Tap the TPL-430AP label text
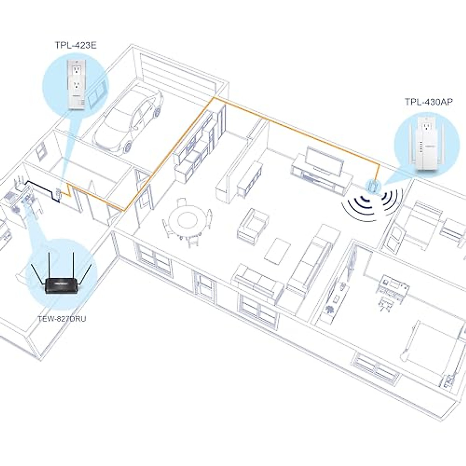click(428, 102)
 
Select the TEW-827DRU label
click(62, 319)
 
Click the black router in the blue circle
click(61, 286)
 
